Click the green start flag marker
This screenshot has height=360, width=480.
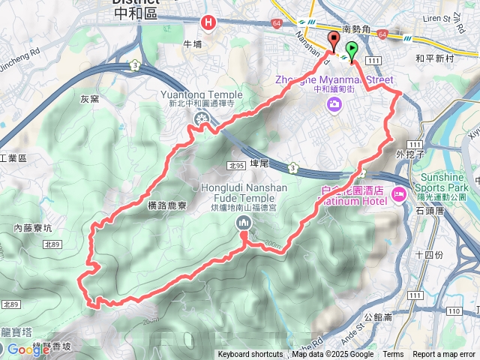(x=352, y=52)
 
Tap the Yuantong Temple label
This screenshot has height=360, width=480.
(x=202, y=95)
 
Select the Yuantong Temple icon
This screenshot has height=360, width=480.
(x=201, y=118)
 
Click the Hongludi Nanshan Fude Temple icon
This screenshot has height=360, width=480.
(x=244, y=223)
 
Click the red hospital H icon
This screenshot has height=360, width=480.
(x=208, y=24)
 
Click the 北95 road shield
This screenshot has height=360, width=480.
(x=237, y=166)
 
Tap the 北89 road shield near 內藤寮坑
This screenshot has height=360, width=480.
(x=52, y=244)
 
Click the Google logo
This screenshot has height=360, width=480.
(x=28, y=349)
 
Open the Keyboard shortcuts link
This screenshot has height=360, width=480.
(x=250, y=355)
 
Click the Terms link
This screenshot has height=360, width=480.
(x=393, y=355)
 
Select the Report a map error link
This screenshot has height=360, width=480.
(x=444, y=355)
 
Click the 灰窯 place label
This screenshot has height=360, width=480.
(x=90, y=98)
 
